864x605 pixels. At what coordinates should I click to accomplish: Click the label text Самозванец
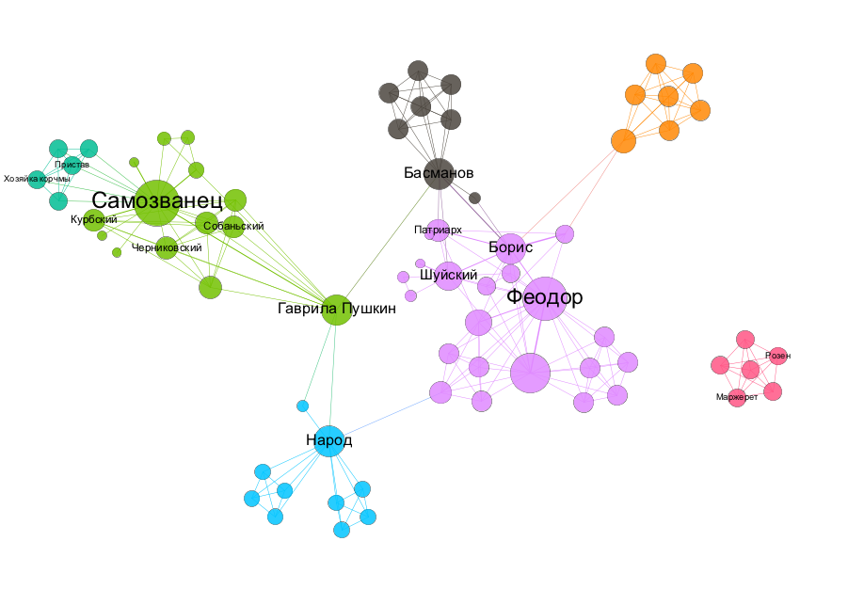[x=156, y=200]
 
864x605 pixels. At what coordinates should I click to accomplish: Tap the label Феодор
[x=544, y=297]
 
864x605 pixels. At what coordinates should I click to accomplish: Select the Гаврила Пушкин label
[x=336, y=308]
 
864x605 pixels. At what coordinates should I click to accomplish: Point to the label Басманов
[x=438, y=173]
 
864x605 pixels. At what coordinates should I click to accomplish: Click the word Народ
[x=328, y=439]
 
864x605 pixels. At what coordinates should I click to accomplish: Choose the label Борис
[x=510, y=247]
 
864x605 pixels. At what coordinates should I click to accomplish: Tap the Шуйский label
[x=448, y=275]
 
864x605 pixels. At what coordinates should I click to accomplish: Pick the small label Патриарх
[x=438, y=229]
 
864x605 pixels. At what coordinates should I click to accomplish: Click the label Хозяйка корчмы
[x=38, y=178]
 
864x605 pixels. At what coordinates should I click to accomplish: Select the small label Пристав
[x=72, y=165]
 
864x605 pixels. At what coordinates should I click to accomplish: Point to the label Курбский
[x=93, y=219]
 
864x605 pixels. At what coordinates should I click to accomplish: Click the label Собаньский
[x=233, y=226]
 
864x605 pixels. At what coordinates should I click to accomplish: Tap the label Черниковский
[x=167, y=247]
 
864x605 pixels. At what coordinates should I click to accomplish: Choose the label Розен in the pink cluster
[x=778, y=356]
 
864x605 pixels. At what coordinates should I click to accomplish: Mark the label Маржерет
[x=736, y=397]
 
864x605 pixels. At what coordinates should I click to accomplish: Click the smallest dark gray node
[x=475, y=198]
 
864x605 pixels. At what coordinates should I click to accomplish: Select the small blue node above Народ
[x=302, y=406]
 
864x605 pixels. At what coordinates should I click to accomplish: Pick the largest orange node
[x=623, y=141]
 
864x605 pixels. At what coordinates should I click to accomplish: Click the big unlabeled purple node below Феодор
[x=530, y=374]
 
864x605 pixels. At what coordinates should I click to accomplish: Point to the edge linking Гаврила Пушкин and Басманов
[x=386, y=243]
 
